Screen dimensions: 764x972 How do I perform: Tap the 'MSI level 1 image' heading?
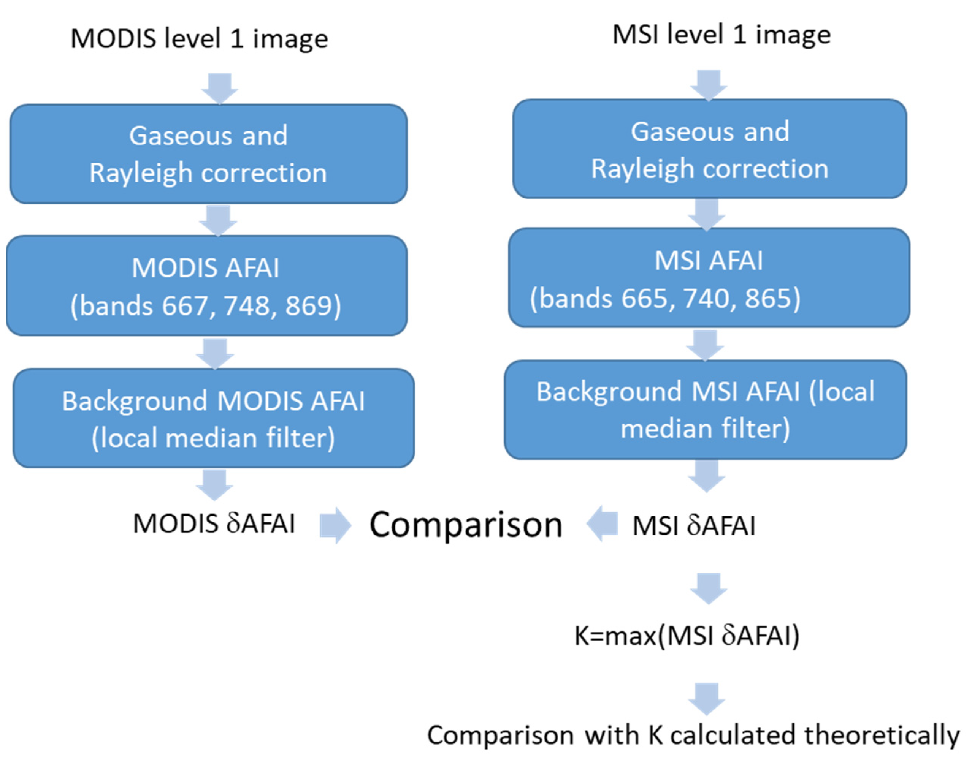[x=721, y=35]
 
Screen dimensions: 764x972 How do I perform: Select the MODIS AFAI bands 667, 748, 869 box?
[x=207, y=286]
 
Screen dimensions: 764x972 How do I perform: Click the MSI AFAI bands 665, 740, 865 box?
[x=709, y=278]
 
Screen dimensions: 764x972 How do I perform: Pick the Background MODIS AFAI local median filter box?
[x=214, y=418]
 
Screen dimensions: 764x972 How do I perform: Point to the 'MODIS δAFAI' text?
[x=214, y=524]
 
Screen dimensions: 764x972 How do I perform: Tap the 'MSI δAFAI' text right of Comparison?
[x=694, y=525]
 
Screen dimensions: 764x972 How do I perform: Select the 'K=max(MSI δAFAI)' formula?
[x=687, y=635]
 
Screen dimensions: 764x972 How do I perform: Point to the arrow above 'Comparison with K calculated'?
[x=707, y=698]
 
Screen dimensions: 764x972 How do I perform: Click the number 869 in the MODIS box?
[x=309, y=306]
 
